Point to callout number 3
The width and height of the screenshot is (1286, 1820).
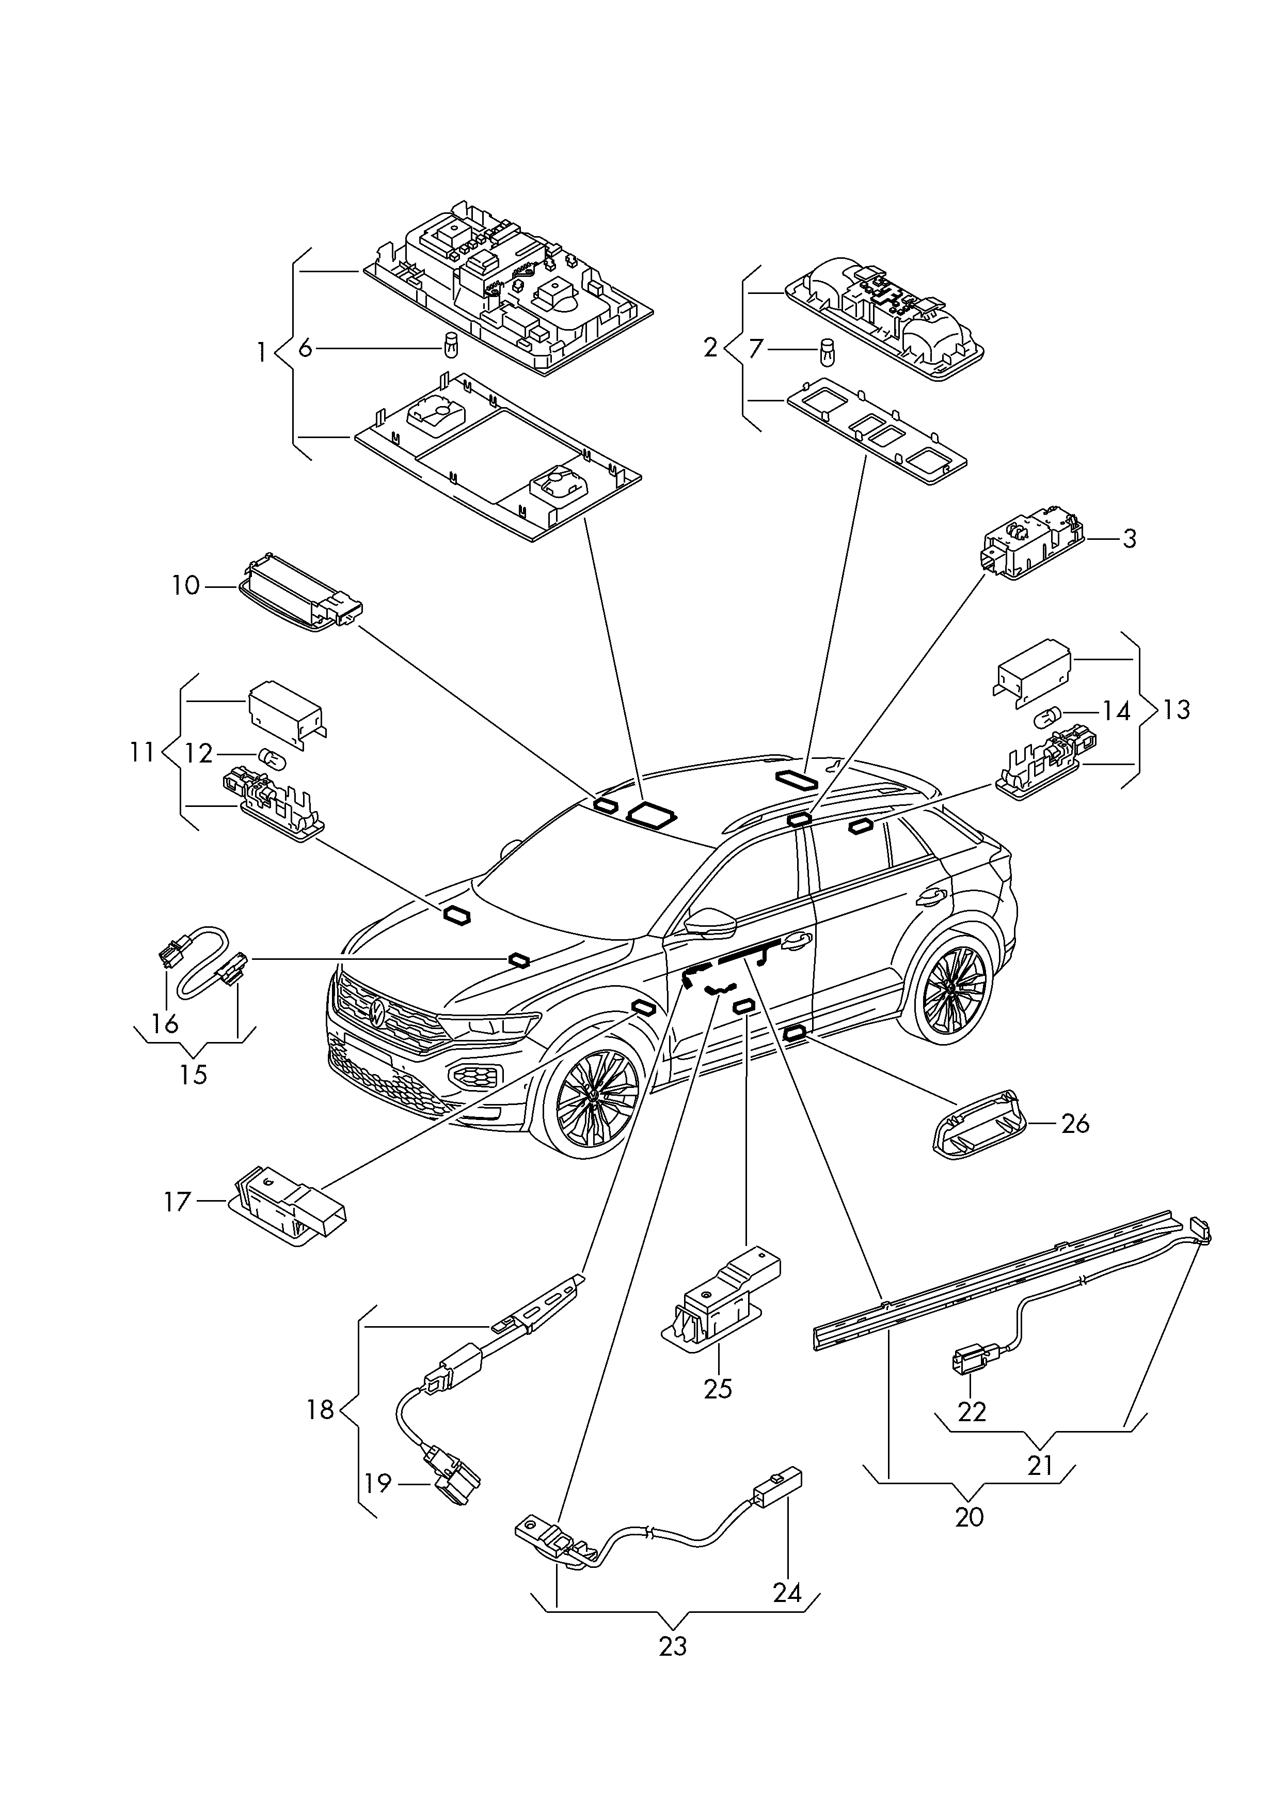(x=1129, y=539)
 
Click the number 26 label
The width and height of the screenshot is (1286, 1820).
(x=1075, y=1123)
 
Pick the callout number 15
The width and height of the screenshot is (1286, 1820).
(x=193, y=1075)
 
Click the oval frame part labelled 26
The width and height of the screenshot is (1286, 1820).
(x=976, y=1123)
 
